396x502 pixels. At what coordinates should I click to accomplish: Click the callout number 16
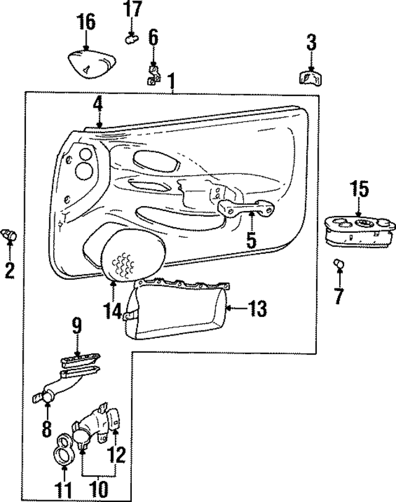point(86,23)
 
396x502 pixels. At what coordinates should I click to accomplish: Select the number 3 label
point(311,43)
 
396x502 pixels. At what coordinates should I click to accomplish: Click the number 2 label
point(9,270)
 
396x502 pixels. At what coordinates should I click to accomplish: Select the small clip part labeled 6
point(153,76)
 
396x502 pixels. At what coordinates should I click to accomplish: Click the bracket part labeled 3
point(309,78)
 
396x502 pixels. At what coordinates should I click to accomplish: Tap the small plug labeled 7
point(338,264)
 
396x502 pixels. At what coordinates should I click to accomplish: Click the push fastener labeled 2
point(10,234)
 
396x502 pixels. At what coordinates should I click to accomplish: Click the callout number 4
point(97,105)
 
